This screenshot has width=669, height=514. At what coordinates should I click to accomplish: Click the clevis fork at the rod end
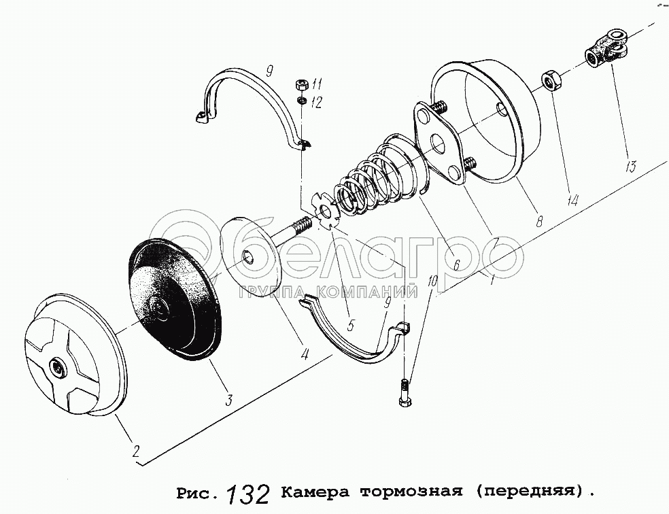(x=605, y=48)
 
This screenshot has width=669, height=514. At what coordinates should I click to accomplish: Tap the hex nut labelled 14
(x=551, y=81)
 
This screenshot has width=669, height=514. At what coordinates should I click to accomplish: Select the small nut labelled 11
(x=301, y=84)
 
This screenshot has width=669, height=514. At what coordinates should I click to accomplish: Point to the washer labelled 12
(x=301, y=101)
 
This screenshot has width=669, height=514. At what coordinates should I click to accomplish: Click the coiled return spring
(x=375, y=175)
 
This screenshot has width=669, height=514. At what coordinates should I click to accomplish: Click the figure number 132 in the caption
(x=247, y=494)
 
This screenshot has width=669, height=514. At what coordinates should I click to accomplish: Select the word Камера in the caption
(x=315, y=492)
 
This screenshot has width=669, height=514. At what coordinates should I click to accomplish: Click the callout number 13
(x=631, y=165)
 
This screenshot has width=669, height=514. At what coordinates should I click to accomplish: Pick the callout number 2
(x=136, y=451)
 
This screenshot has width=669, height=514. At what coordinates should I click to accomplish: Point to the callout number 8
(x=539, y=220)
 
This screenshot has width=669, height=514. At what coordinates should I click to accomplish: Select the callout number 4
(x=305, y=354)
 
